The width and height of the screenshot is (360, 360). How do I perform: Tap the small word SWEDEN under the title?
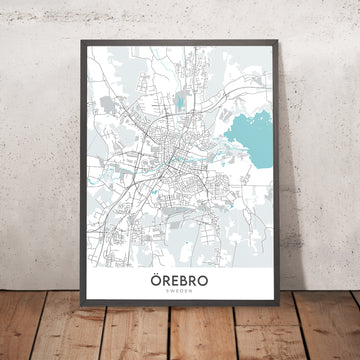tap(181, 296)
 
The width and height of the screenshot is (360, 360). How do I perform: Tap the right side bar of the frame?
tap(284, 180)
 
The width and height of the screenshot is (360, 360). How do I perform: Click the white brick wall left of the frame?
tap(35, 150)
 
